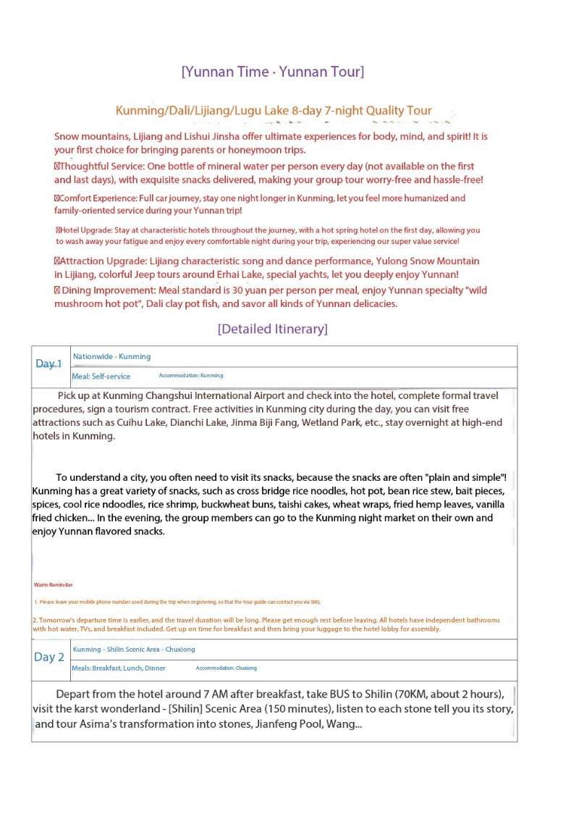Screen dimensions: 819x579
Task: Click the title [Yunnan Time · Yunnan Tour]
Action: point(273,72)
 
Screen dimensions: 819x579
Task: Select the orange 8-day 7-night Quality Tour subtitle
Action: point(274,111)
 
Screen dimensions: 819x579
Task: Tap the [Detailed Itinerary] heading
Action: point(273,329)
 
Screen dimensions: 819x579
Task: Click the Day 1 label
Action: point(49,364)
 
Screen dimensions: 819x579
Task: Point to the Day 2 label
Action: point(49,657)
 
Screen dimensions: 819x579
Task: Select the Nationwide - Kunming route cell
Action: point(112,356)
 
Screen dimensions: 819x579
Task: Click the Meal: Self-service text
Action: point(101,377)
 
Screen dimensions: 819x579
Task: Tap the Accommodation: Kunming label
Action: point(191,376)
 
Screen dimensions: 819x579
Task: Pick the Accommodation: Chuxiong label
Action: point(226,668)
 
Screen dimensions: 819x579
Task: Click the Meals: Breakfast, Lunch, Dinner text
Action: point(118,668)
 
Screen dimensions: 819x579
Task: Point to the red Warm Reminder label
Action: point(53,584)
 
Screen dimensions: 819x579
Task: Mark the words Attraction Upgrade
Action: point(98,261)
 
